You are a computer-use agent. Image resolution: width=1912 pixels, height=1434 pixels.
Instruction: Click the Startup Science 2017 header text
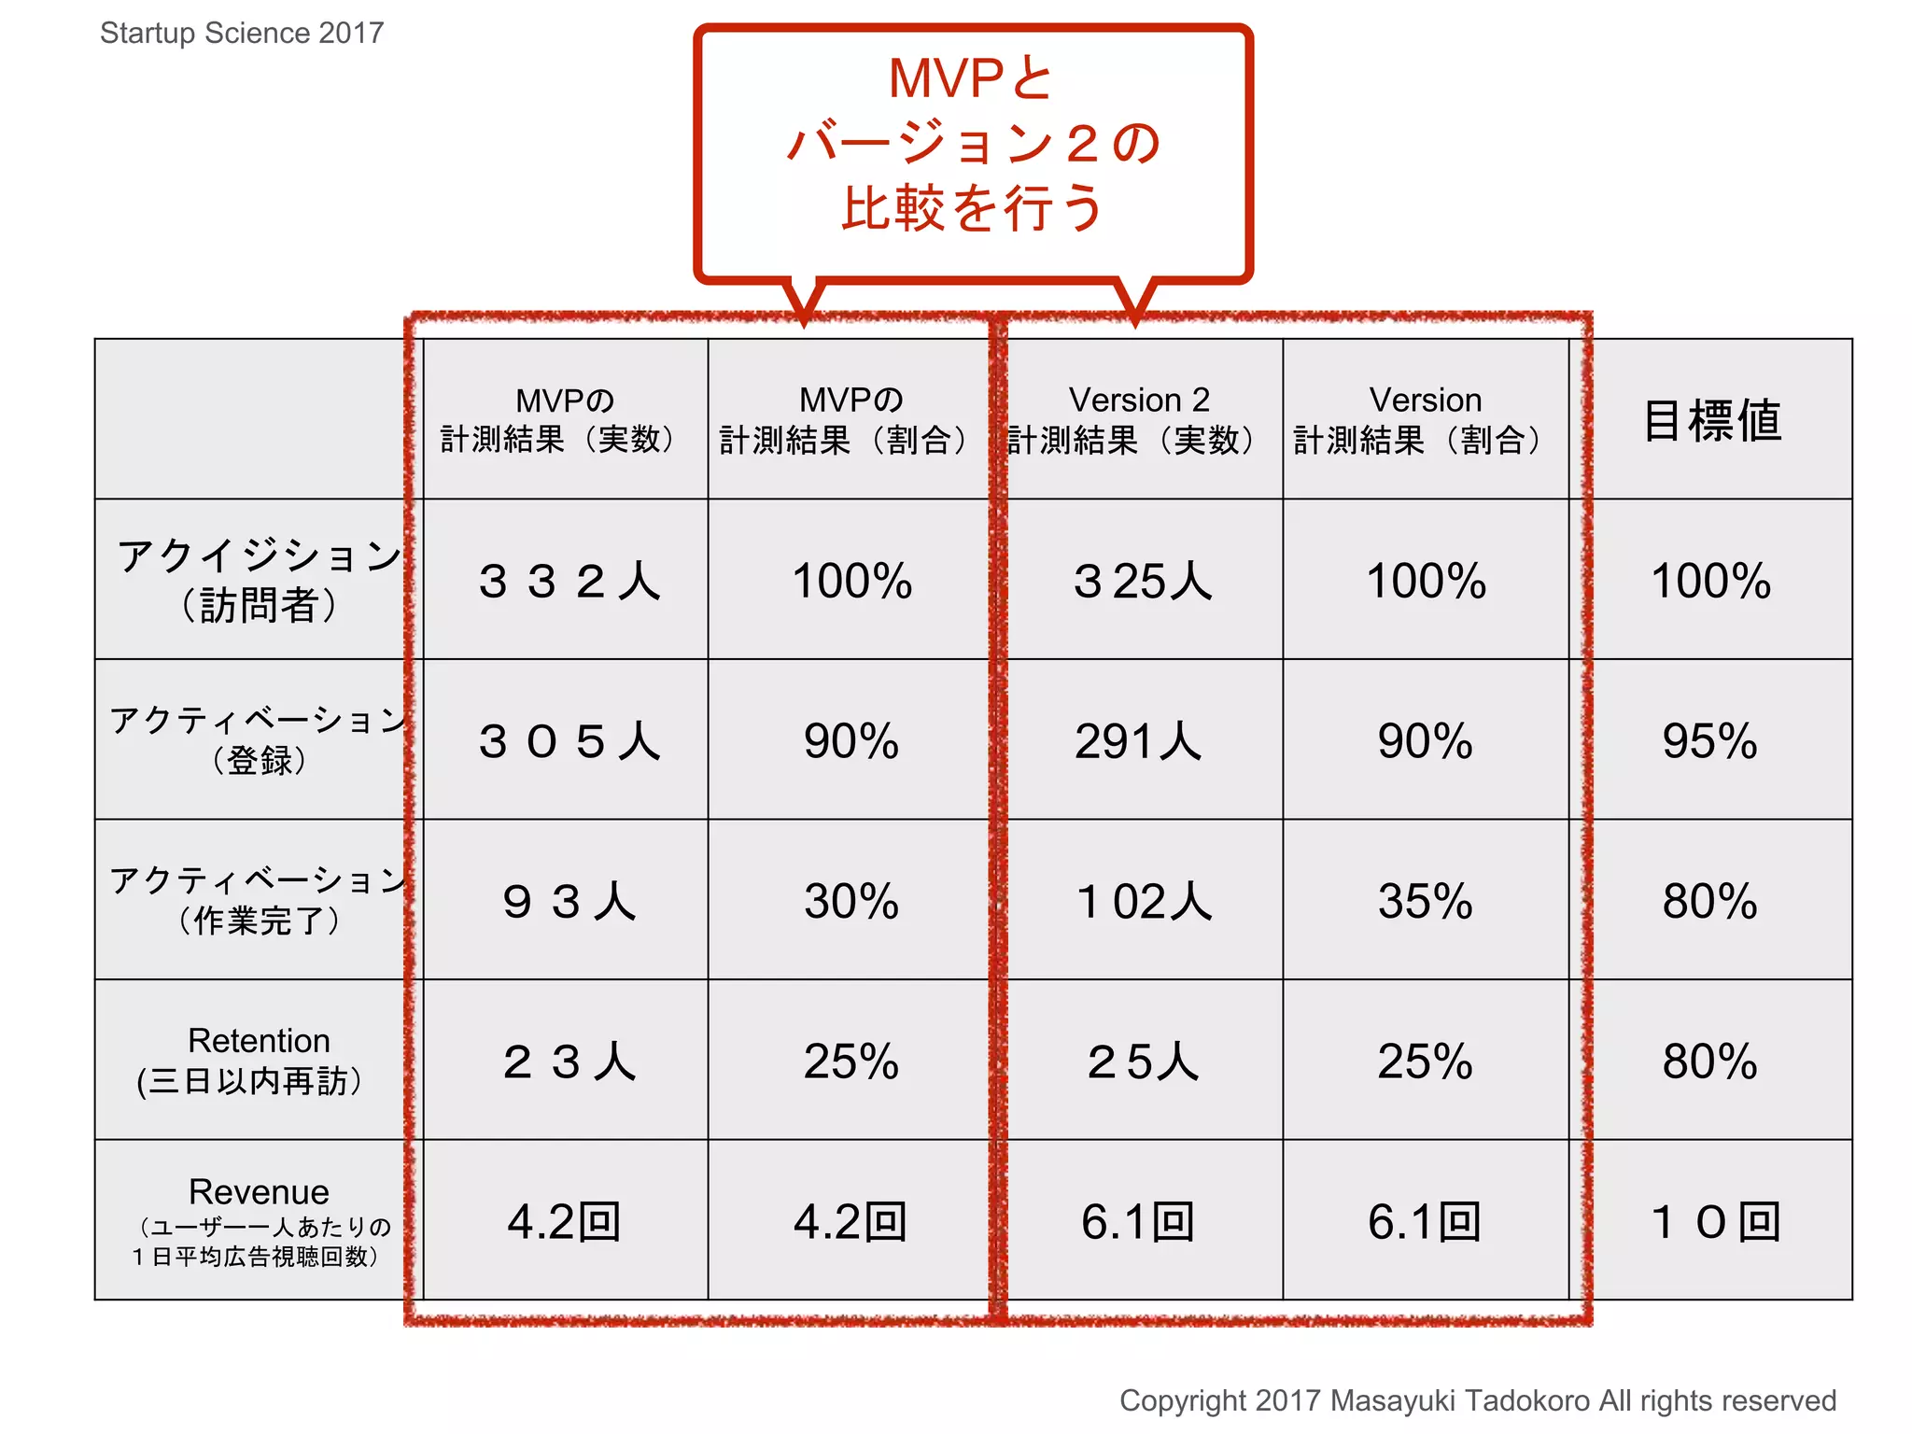(242, 33)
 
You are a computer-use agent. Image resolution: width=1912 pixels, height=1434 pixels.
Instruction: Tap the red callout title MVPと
(971, 78)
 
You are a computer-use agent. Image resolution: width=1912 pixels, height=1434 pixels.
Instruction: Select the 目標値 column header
(1711, 420)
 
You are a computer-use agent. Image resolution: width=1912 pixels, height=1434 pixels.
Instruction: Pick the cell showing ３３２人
(568, 581)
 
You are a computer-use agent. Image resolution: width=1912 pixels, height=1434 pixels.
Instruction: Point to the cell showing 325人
(1141, 581)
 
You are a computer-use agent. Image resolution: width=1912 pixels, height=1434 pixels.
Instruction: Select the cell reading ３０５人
(568, 741)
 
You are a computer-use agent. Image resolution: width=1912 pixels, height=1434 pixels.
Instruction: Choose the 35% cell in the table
(1425, 901)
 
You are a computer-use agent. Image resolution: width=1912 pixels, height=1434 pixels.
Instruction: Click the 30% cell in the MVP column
(851, 901)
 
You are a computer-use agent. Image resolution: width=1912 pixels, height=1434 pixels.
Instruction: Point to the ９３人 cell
(568, 901)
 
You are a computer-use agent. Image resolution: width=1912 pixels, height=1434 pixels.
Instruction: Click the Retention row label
(259, 1060)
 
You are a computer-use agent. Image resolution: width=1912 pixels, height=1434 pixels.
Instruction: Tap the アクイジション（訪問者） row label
(259, 580)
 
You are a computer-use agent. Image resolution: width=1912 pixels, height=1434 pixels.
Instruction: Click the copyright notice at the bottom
(1477, 1400)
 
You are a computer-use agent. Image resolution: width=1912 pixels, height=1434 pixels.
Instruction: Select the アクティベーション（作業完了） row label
(259, 900)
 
